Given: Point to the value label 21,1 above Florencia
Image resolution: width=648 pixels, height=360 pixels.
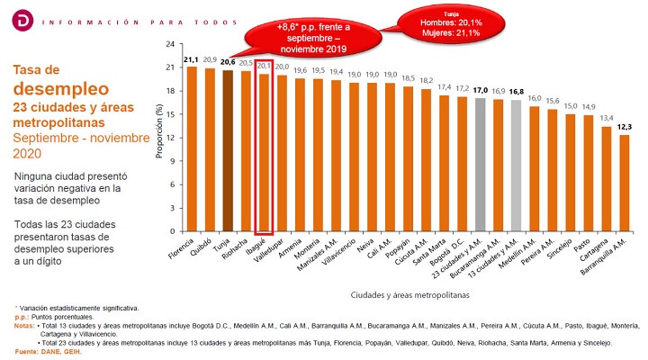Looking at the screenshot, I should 191,60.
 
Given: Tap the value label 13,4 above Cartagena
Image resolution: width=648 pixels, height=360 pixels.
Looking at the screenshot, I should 608,118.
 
